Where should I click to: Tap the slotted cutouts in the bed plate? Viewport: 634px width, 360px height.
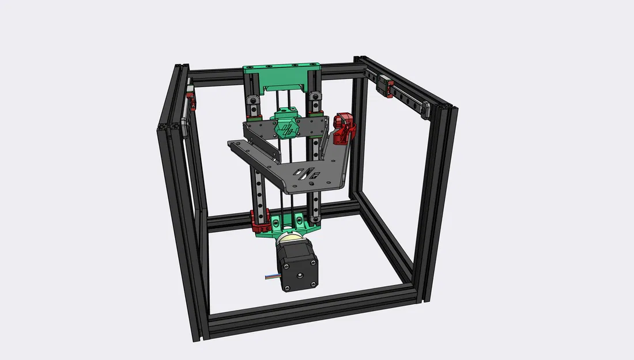tap(306, 172)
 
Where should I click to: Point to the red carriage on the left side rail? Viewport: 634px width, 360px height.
tap(191, 98)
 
